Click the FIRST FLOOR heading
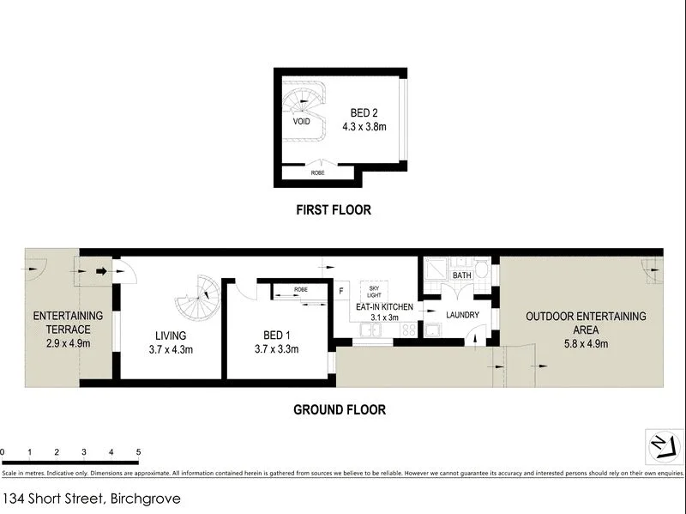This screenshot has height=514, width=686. (x=334, y=209)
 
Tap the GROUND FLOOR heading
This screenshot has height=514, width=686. (x=340, y=409)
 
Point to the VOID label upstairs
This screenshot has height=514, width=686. (x=302, y=122)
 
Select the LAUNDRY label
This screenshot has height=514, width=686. (x=461, y=315)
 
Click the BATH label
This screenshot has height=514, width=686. (x=462, y=275)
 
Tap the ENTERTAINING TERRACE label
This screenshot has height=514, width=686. (x=68, y=323)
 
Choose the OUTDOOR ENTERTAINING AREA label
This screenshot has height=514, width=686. (x=587, y=323)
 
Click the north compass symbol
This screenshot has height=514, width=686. (x=663, y=446)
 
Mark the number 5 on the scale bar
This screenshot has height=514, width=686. (x=138, y=451)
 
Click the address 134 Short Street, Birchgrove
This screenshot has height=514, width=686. (x=92, y=498)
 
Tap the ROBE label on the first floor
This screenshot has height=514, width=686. (x=318, y=173)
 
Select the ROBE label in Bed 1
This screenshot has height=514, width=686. (x=300, y=290)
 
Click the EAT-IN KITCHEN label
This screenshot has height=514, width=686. (x=385, y=307)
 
